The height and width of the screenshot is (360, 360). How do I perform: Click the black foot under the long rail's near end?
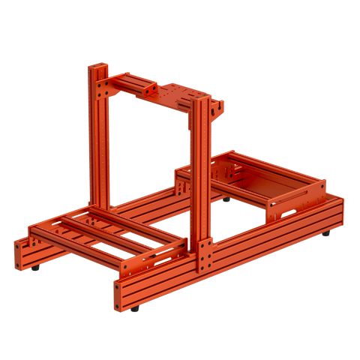pyautogui.click(x=134, y=308)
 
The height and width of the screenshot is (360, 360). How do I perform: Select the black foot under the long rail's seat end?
pyautogui.click(x=326, y=234)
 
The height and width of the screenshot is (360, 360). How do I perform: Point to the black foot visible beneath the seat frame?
pyautogui.click(x=226, y=199)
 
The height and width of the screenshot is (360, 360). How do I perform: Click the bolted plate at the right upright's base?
pyautogui.click(x=205, y=255)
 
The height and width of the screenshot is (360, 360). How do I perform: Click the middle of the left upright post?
pyautogui.click(x=100, y=142)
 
